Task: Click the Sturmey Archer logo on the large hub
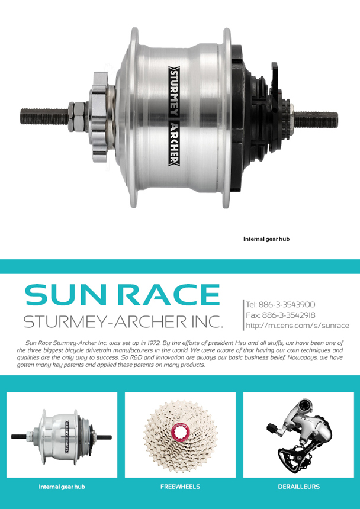(x=174, y=115)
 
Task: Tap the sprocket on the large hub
(x=100, y=117)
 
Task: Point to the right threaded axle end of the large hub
(x=316, y=120)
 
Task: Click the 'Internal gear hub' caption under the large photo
(x=266, y=239)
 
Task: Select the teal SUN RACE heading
(x=123, y=295)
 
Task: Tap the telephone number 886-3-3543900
(x=287, y=304)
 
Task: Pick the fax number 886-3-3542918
(x=289, y=315)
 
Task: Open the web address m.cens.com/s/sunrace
(x=297, y=326)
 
